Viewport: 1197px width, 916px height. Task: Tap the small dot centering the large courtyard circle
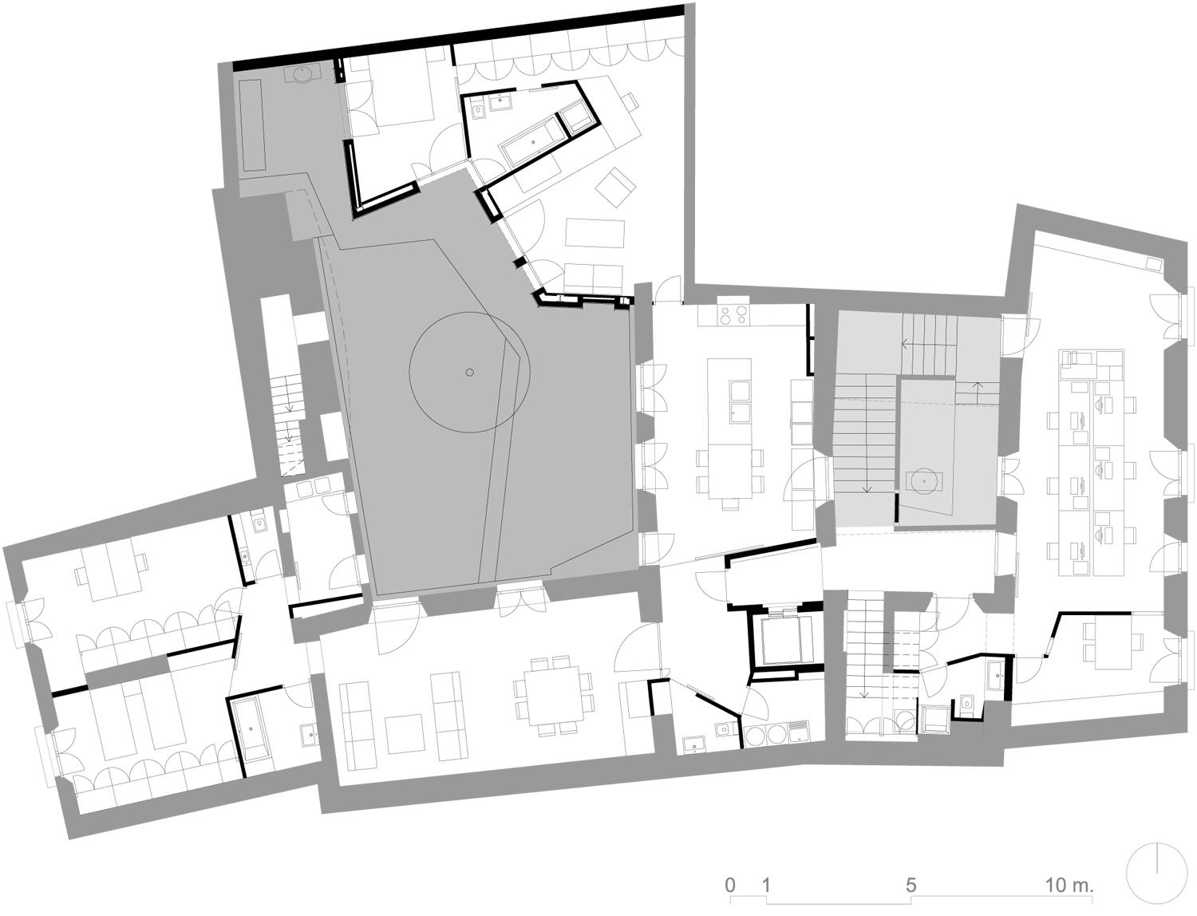469,373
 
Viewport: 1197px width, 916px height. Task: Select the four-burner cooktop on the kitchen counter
733,314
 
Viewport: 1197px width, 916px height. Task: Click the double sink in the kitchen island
741,401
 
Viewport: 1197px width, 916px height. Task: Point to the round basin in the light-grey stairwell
924,482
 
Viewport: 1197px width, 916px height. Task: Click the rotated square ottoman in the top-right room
616,187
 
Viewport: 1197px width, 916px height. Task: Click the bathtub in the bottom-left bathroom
250,730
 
